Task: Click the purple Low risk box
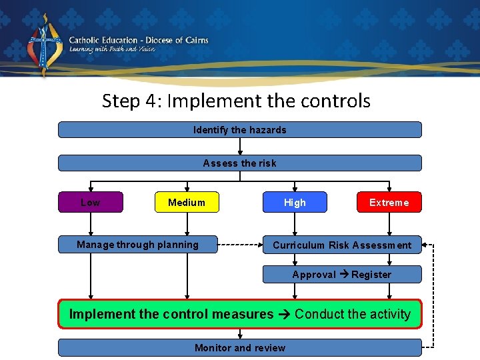(91, 202)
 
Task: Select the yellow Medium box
(187, 202)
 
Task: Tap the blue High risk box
(295, 202)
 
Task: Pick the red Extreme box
(389, 202)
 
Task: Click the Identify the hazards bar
(239, 130)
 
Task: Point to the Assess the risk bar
(239, 163)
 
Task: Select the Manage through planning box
(137, 245)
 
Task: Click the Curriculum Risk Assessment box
(342, 245)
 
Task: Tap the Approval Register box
(342, 275)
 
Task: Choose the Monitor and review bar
(239, 347)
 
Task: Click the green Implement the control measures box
(239, 314)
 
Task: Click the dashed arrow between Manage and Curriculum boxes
(240, 245)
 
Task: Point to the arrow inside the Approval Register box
(345, 275)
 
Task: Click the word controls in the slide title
(337, 101)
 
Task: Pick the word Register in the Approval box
(371, 275)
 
